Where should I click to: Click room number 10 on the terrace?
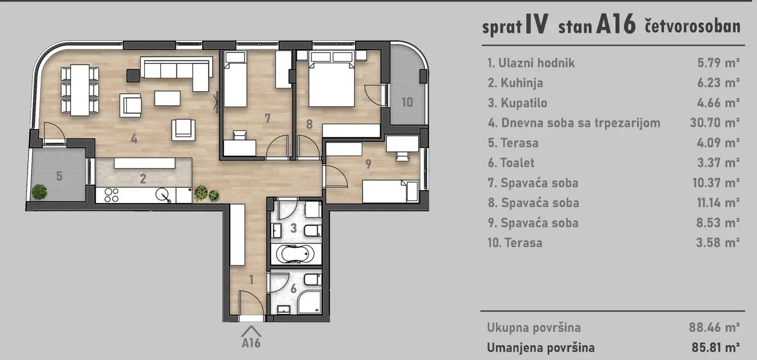[407, 102]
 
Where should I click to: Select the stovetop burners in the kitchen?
[111, 195]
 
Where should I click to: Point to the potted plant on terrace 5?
[39, 191]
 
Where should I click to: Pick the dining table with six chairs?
[80, 89]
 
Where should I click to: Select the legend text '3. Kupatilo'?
[517, 103]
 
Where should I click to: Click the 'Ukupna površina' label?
[534, 328]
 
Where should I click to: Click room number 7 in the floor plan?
[267, 118]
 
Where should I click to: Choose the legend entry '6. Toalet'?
[511, 163]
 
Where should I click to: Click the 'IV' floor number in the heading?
[537, 25]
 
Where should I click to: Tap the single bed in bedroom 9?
[390, 191]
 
